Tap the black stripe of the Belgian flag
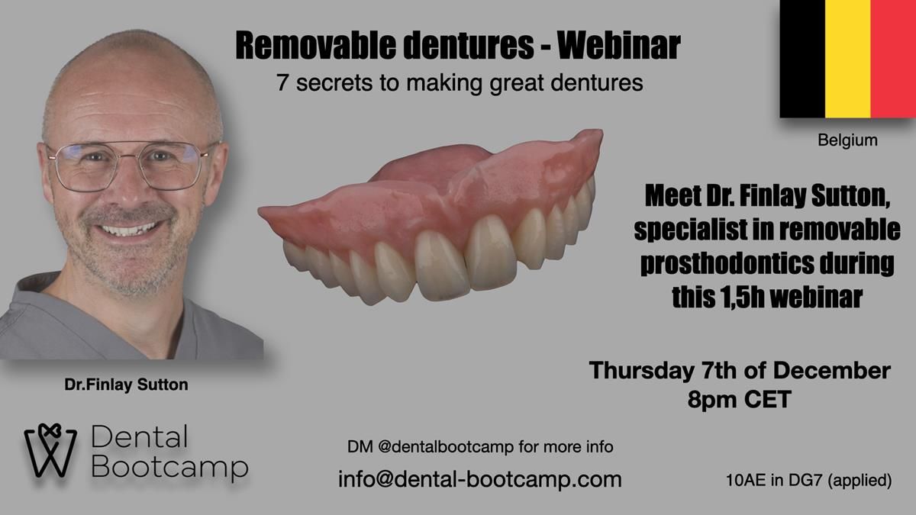802,59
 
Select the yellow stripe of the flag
848,59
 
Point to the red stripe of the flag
893,59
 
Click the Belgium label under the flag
847,140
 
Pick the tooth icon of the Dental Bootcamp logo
50,450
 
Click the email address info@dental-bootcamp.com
479,479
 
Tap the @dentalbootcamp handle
446,447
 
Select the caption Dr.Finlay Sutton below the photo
126,385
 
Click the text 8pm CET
740,399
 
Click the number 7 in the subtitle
282,82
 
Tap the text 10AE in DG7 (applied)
809,480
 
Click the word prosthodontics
727,264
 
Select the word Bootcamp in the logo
169,468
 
